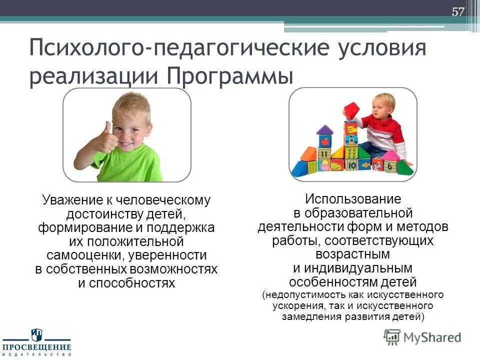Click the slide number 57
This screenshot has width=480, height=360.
tap(458, 12)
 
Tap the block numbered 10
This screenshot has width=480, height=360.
tap(352, 164)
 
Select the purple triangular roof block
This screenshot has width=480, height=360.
tap(324, 130)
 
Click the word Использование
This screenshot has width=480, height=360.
tap(353, 199)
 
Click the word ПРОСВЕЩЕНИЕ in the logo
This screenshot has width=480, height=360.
tap(36, 346)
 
